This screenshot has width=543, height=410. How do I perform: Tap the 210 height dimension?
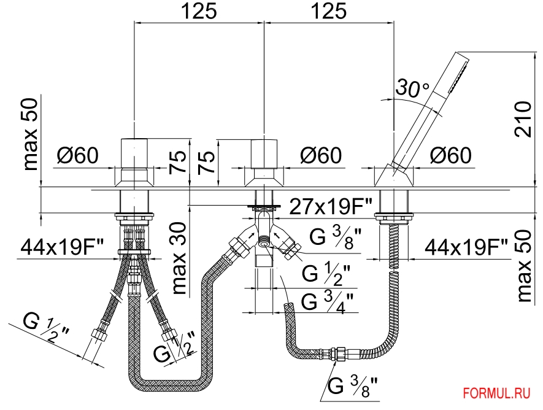coord(523,119)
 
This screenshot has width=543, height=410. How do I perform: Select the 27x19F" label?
coord(330,207)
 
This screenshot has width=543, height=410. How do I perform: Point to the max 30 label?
coord(179,258)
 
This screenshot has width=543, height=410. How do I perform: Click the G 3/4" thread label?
coord(327,303)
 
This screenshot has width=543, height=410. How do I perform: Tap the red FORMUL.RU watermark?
coord(496,393)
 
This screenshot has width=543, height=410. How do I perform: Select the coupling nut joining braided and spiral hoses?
coord(337,354)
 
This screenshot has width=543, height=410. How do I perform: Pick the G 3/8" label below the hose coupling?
coord(352,386)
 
